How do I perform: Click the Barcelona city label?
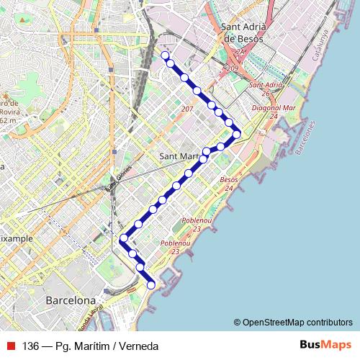70,300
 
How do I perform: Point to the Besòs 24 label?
228,183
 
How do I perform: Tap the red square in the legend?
12,345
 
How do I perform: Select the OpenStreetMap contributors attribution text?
293,322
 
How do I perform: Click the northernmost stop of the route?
165,55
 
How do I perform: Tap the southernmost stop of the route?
151,285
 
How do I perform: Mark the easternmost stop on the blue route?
236,133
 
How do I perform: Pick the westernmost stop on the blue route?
124,238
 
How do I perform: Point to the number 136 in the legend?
30,346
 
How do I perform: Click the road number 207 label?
187,109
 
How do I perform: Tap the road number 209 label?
232,68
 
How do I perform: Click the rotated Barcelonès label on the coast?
305,138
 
